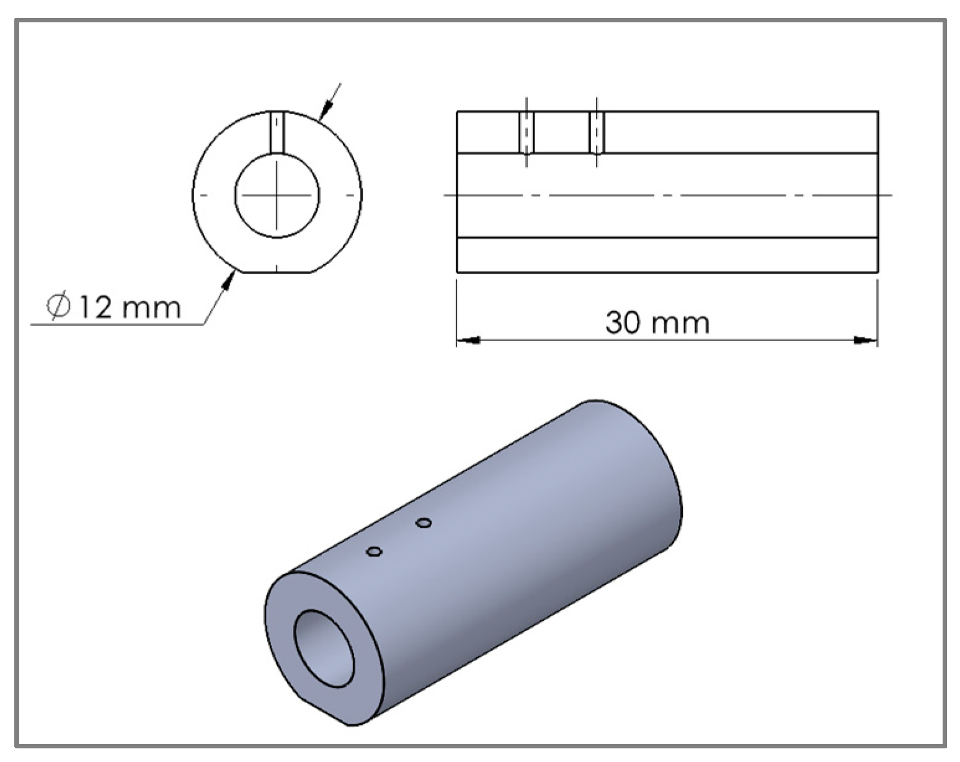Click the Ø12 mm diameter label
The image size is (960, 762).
115,307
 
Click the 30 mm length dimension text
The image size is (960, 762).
657,322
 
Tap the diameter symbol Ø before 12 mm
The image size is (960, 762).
60,306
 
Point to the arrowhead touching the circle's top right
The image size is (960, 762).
323,113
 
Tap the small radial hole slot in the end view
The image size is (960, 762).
277,131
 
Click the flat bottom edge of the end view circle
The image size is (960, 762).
277,272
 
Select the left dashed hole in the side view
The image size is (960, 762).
526,132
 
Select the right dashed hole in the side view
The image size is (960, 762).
597,132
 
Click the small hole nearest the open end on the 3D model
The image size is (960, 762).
374,551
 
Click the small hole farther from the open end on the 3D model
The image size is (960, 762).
424,523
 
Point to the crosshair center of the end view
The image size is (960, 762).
277,195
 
